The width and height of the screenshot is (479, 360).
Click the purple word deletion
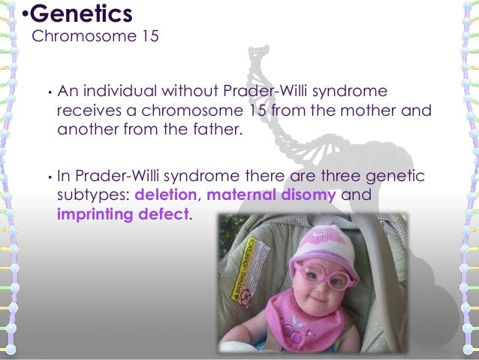pos(166,195)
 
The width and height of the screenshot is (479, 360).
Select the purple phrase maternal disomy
pos(271,195)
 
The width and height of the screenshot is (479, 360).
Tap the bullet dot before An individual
pos(47,94)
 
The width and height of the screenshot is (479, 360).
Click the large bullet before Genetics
pos(24,14)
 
